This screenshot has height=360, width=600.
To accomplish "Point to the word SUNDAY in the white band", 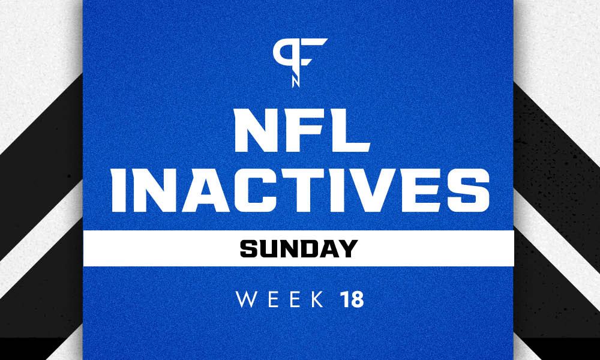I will point(300,246).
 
